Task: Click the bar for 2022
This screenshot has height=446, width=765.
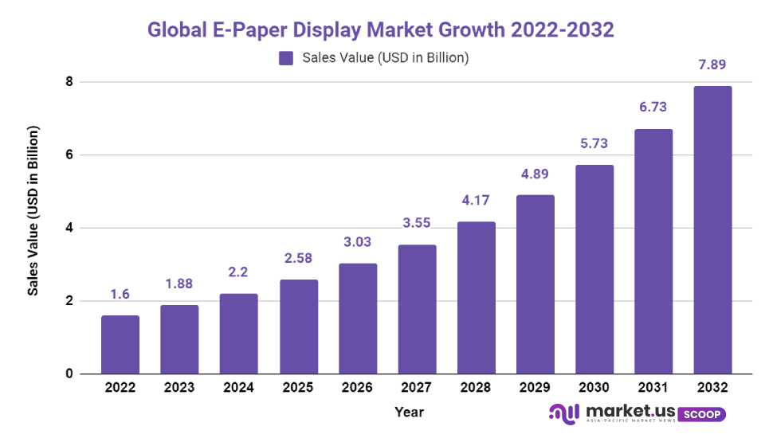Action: (x=120, y=345)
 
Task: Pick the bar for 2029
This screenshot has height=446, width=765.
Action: (x=535, y=284)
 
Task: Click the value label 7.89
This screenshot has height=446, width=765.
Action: (x=712, y=65)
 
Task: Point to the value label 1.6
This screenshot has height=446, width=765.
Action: (x=120, y=295)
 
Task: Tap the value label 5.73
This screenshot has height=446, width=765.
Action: (x=594, y=144)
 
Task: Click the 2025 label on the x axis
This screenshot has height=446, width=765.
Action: (x=298, y=388)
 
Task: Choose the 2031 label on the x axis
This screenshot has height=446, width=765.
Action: (x=653, y=388)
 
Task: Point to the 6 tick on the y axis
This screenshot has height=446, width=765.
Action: (x=69, y=155)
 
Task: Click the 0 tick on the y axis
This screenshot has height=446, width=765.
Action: (x=69, y=374)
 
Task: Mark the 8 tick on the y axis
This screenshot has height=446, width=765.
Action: (x=69, y=82)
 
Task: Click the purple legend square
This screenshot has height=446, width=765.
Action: (x=286, y=57)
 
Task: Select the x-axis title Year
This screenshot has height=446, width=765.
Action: (x=409, y=412)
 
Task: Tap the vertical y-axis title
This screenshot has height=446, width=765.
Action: (x=33, y=210)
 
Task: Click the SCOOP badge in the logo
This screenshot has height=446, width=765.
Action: (x=703, y=414)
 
